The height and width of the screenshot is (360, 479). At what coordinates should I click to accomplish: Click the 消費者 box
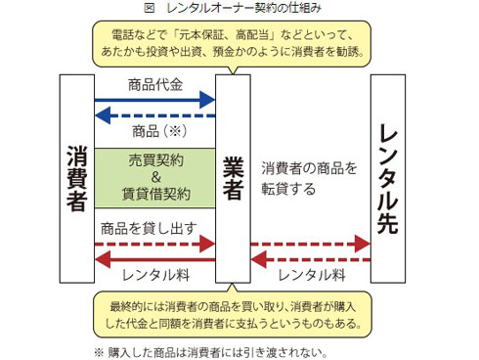point(76,176)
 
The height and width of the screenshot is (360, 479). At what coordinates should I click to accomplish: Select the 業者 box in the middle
point(233,176)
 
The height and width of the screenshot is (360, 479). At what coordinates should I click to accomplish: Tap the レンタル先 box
point(388,176)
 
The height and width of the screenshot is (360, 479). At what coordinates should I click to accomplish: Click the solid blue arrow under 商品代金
point(154,99)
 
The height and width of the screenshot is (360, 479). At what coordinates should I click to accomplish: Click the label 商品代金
point(155,84)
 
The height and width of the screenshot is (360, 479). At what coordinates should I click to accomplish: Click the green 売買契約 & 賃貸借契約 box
point(154,176)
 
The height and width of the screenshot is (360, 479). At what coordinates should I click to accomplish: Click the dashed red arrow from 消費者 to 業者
point(154,243)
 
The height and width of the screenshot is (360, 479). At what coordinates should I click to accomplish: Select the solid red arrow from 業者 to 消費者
point(154,258)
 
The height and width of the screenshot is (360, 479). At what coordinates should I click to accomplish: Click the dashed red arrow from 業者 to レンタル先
point(310,243)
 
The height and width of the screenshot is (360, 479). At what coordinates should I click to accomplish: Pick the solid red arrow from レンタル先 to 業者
point(310,258)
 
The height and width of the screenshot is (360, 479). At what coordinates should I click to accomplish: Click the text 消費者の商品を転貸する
point(309,177)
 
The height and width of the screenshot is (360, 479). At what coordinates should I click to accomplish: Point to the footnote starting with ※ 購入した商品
point(210,351)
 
